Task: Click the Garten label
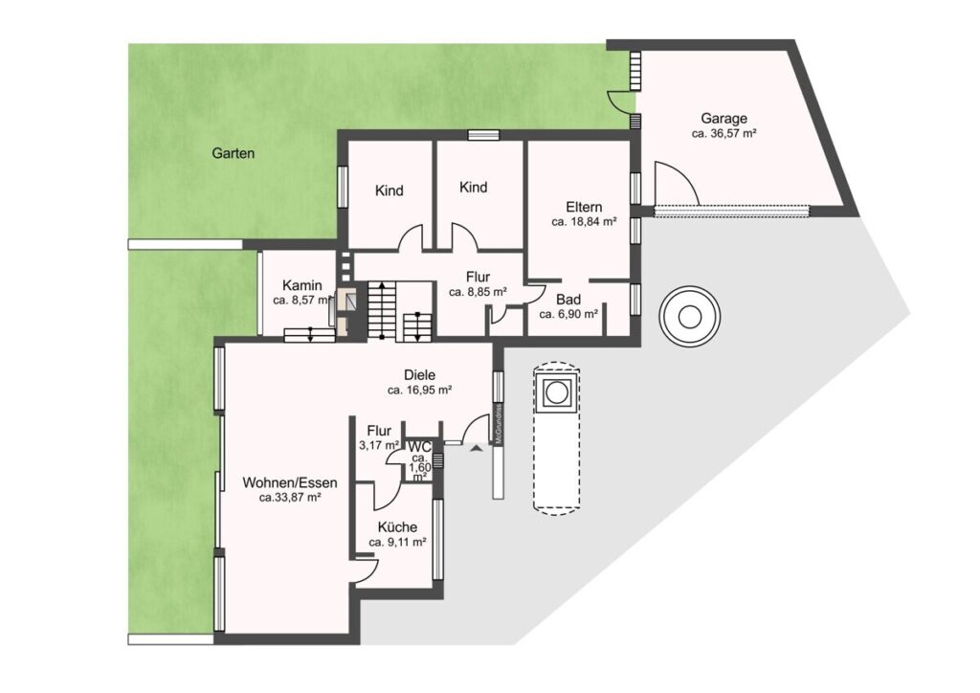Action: pos(234,153)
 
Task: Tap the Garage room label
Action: pos(724,118)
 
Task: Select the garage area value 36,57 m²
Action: pos(724,133)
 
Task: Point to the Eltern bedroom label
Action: pos(584,207)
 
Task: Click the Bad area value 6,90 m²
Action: pos(568,314)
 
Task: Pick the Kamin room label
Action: pos(301,285)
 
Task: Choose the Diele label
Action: pos(419,375)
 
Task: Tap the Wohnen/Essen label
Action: pos(290,483)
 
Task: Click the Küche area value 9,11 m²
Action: pos(397,543)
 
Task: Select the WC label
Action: pos(419,447)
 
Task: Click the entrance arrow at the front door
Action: pos(477,447)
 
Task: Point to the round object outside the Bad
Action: pos(689,317)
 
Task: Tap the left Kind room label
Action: pos(389,190)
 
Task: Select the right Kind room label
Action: pos(473,187)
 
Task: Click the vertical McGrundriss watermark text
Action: pos(499,425)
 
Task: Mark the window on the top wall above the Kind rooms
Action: pos(483,134)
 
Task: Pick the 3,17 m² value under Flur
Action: pos(379,445)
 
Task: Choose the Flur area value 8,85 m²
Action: pos(478,292)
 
